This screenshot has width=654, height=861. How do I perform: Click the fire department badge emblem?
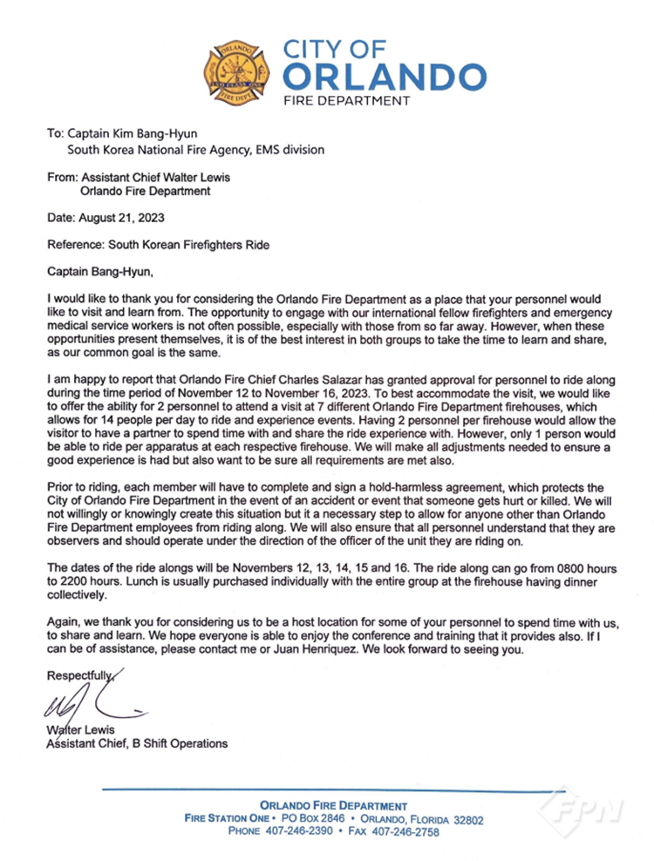click(x=239, y=71)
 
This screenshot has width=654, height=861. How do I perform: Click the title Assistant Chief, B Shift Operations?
click(x=137, y=743)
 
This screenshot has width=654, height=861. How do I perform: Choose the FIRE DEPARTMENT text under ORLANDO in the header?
click(x=348, y=101)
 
